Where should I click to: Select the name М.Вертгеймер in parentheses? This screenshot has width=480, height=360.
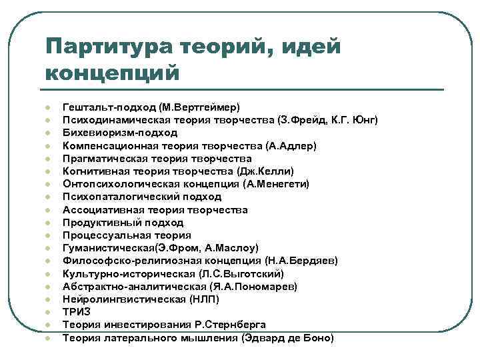pyautogui.click(x=205, y=107)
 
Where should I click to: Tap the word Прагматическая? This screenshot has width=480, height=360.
pyautogui.click(x=103, y=159)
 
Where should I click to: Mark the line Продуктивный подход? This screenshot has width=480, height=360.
pyautogui.click(x=123, y=223)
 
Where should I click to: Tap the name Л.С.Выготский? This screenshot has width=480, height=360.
pyautogui.click(x=242, y=273)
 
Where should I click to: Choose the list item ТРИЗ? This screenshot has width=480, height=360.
pyautogui.click(x=76, y=312)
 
